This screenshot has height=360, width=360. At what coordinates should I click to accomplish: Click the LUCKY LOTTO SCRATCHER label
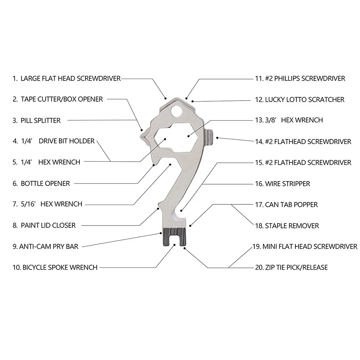[304, 100]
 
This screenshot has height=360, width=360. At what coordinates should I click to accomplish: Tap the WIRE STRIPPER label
[287, 184]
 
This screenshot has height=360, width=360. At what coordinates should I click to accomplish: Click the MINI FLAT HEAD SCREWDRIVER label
[309, 246]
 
